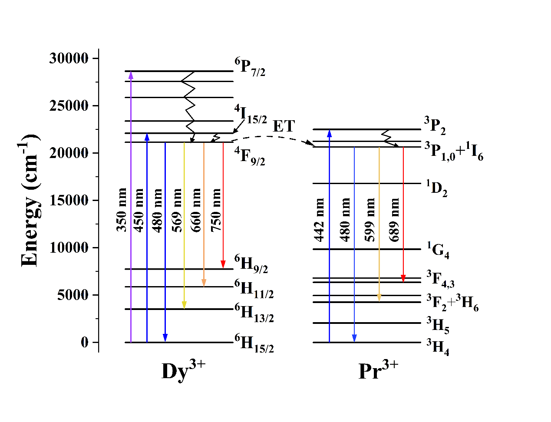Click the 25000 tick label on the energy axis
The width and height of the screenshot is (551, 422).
pyautogui.click(x=69, y=105)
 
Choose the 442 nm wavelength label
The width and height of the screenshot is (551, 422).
pyautogui.click(x=320, y=219)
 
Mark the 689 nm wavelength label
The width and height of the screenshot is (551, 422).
pyautogui.click(x=394, y=219)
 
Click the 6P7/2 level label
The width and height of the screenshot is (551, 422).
pyautogui.click(x=250, y=66)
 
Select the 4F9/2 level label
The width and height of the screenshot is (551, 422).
pyautogui.click(x=250, y=157)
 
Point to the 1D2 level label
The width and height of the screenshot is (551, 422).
pyautogui.click(x=436, y=188)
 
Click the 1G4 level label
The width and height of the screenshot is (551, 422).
pyautogui.click(x=438, y=251)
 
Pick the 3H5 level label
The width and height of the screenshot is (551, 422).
pyautogui.click(x=438, y=325)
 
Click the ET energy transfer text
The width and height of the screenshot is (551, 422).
pyautogui.click(x=284, y=126)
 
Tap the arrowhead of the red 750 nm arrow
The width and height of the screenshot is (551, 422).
pyautogui.click(x=223, y=264)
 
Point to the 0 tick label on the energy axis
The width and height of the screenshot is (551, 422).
pyautogui.click(x=84, y=342)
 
